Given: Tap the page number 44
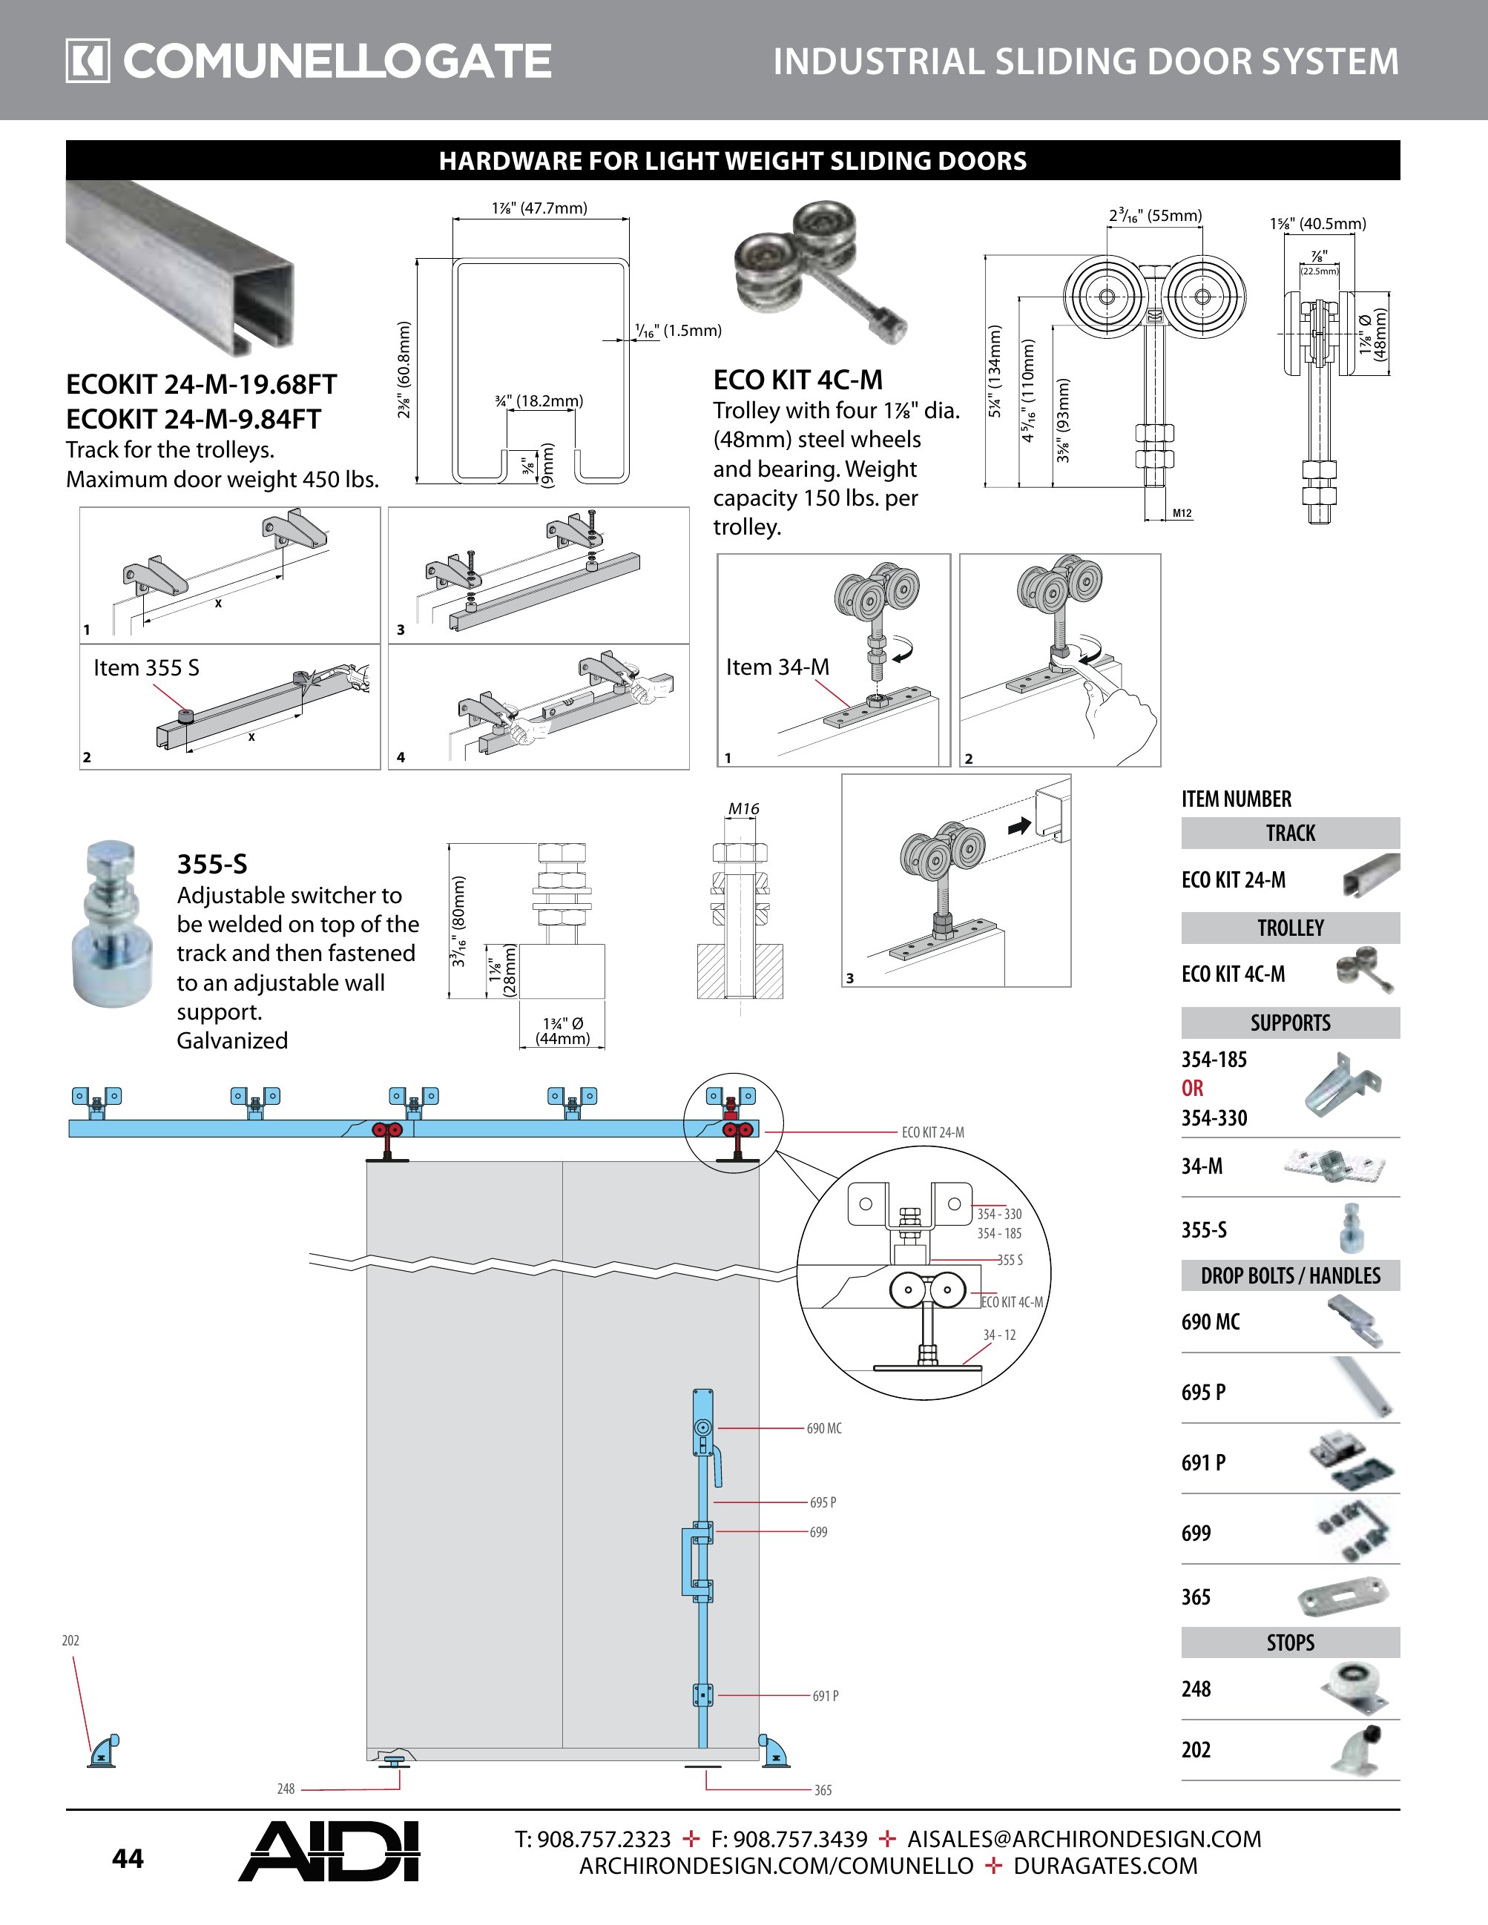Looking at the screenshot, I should (x=128, y=1859).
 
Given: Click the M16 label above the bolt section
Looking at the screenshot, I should (x=743, y=808).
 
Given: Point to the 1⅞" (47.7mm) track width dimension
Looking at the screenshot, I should (x=539, y=208).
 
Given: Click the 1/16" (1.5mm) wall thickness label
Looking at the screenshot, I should (x=678, y=331).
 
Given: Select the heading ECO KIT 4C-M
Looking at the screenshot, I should (x=797, y=380).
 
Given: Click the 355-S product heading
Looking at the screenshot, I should (x=211, y=863).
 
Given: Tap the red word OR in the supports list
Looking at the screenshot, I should (x=1192, y=1088).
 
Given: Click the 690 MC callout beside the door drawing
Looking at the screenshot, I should (x=823, y=1428).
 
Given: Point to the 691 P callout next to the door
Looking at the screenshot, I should (x=825, y=1695).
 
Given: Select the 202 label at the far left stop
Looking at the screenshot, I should (x=70, y=1640).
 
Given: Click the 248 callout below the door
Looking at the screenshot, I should (x=286, y=1789).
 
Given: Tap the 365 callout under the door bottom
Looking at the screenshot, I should (x=823, y=1789).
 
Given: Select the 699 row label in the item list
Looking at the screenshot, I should (x=1196, y=1533).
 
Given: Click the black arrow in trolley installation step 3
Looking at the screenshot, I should (x=1019, y=826).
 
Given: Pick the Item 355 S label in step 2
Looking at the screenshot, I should (x=146, y=667).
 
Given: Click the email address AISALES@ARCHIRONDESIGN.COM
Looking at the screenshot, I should (x=1084, y=1839).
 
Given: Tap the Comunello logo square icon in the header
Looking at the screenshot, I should (x=88, y=61).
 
